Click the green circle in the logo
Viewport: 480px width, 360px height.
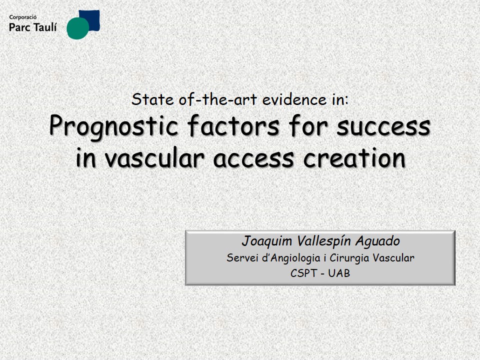(78, 28)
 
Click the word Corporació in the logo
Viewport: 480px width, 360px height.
(22, 17)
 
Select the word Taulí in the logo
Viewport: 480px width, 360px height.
(45, 27)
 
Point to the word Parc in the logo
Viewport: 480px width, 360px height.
(20, 27)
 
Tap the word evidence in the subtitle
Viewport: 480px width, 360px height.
(294, 99)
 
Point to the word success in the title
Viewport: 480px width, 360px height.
(383, 126)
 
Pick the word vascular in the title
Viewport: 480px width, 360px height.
(154, 158)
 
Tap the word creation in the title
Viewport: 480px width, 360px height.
(354, 158)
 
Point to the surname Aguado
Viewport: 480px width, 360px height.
(378, 241)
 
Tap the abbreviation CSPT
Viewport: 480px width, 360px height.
(303, 273)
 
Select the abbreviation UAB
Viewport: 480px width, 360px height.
(339, 273)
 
